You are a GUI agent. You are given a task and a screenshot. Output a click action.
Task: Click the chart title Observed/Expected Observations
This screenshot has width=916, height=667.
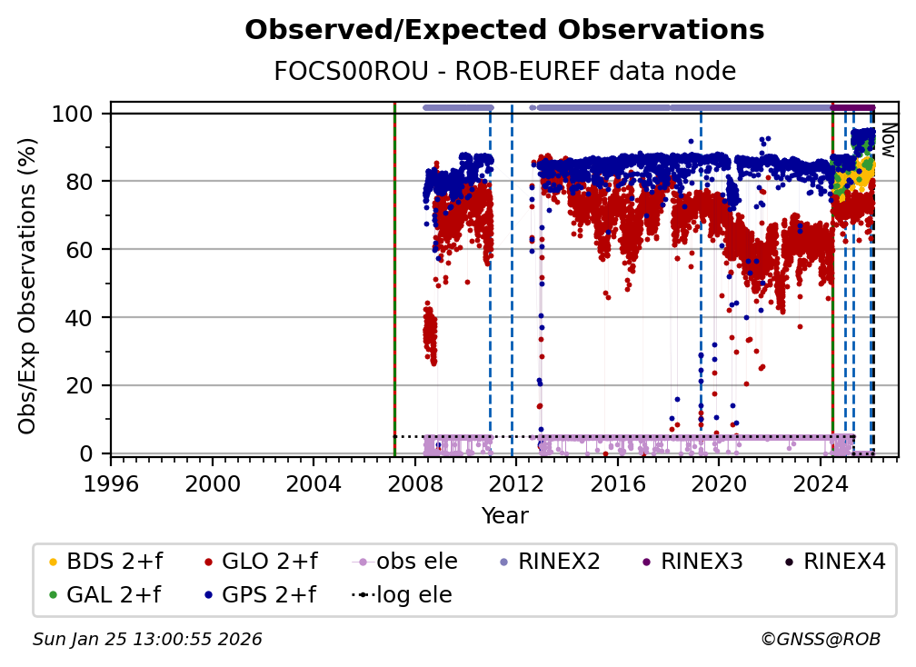504,30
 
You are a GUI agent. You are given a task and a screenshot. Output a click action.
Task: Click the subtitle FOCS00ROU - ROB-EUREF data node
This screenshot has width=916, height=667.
504,72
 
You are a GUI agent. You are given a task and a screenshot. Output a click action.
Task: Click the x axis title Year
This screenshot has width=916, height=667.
504,516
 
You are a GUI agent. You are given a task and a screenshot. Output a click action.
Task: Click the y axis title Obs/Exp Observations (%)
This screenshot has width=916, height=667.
28,285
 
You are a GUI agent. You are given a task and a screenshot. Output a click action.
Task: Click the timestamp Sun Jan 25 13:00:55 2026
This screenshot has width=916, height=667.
147,640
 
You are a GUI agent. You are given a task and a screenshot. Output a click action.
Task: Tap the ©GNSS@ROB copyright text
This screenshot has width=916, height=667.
820,640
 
